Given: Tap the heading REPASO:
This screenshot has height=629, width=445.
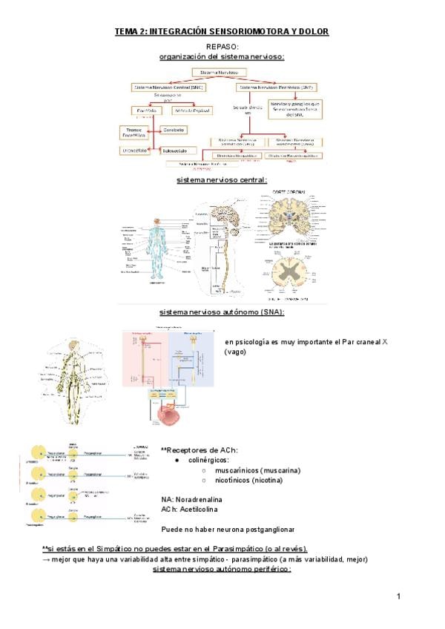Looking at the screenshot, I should point(222,46).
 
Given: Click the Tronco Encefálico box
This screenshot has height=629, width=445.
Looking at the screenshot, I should point(133,133).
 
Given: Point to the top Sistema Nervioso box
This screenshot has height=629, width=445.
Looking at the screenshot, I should point(221,72).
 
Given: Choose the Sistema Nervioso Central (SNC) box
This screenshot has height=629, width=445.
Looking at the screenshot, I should point(168,87).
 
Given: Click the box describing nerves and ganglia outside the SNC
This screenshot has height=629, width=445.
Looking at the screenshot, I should point(294,108).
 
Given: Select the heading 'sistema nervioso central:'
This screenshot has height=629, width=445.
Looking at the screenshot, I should point(222,180).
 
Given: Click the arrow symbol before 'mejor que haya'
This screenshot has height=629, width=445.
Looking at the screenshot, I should point(46,559).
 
